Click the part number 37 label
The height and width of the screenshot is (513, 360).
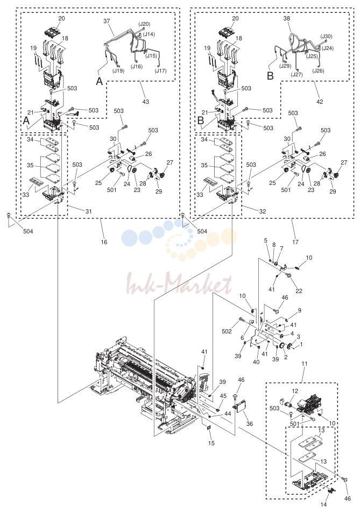click(107, 21)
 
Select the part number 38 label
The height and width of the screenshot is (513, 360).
click(287, 19)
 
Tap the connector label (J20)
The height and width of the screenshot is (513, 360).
click(144, 24)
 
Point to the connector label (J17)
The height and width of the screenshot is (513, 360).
click(161, 70)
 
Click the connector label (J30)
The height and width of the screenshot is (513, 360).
click(326, 37)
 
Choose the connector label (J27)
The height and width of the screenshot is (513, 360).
click(297, 74)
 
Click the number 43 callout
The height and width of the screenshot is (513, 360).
click(146, 102)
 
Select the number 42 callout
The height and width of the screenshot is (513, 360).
click(320, 102)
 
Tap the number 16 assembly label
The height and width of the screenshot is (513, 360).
click(104, 242)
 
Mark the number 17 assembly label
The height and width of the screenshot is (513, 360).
click(295, 242)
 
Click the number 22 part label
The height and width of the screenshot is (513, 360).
click(299, 291)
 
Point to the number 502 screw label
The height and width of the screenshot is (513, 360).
click(227, 331)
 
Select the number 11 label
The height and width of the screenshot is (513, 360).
click(305, 364)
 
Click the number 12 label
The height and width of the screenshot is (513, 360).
click(295, 391)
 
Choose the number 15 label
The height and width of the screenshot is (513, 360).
click(211, 443)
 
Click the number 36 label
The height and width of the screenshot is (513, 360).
click(249, 424)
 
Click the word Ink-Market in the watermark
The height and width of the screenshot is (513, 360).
click(179, 284)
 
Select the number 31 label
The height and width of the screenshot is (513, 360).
click(89, 211)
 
